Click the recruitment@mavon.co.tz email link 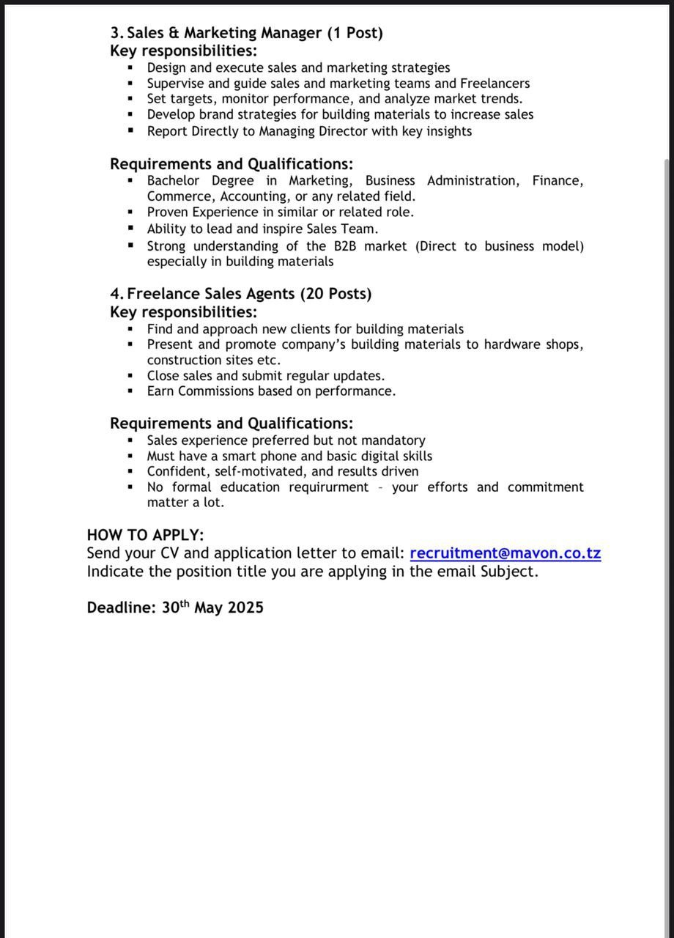click(x=505, y=553)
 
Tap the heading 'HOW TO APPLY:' click(x=145, y=535)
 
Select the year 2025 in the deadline click(x=245, y=608)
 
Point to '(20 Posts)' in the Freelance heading click(x=336, y=294)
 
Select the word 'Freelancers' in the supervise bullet click(x=495, y=84)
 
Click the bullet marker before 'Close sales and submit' click(x=130, y=375)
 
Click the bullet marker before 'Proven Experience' click(x=130, y=212)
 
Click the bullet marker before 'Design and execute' click(x=130, y=68)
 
